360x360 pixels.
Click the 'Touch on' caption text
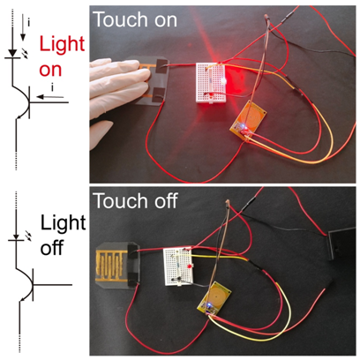tap(135, 19)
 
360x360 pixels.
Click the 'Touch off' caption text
tap(135, 201)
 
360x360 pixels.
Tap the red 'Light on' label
tap(62, 56)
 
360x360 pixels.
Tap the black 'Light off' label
tap(63, 235)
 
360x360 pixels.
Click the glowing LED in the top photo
tap(222, 80)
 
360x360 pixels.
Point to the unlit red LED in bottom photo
tap(190, 266)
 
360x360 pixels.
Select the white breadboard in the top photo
tap(211, 83)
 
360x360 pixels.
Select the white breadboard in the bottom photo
tap(178, 266)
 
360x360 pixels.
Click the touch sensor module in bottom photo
tap(214, 298)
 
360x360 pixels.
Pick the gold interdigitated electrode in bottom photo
tap(112, 264)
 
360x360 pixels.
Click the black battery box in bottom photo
tap(342, 243)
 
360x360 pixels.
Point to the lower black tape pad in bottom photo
tap(133, 279)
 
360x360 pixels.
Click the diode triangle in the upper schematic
tap(12, 53)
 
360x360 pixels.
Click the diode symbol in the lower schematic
tap(17, 237)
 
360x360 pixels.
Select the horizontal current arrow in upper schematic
tap(50, 96)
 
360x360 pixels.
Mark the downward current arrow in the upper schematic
tap(23, 27)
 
